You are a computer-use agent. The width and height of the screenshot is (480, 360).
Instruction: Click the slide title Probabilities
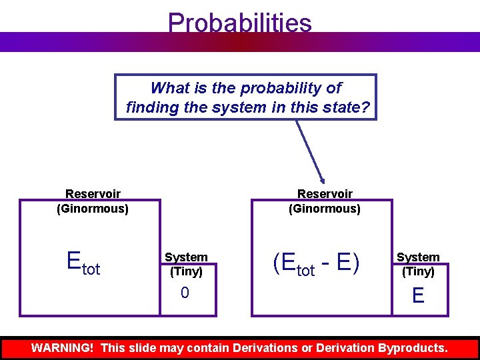(x=240, y=23)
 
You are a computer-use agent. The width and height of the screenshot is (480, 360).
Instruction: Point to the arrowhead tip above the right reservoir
(x=323, y=182)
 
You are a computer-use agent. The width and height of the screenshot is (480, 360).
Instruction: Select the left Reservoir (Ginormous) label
(x=93, y=201)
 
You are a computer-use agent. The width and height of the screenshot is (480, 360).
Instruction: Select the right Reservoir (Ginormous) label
(x=325, y=201)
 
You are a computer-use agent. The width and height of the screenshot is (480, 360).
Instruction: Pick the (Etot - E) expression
(x=316, y=264)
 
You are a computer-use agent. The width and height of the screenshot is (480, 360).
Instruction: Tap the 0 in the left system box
(x=185, y=293)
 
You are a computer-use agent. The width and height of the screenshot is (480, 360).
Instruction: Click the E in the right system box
(x=418, y=295)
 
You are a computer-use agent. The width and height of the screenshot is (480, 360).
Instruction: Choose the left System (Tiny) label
(x=186, y=265)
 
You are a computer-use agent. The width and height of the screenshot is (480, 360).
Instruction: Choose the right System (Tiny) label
(x=418, y=265)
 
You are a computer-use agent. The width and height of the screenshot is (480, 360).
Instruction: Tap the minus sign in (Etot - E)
(x=326, y=265)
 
